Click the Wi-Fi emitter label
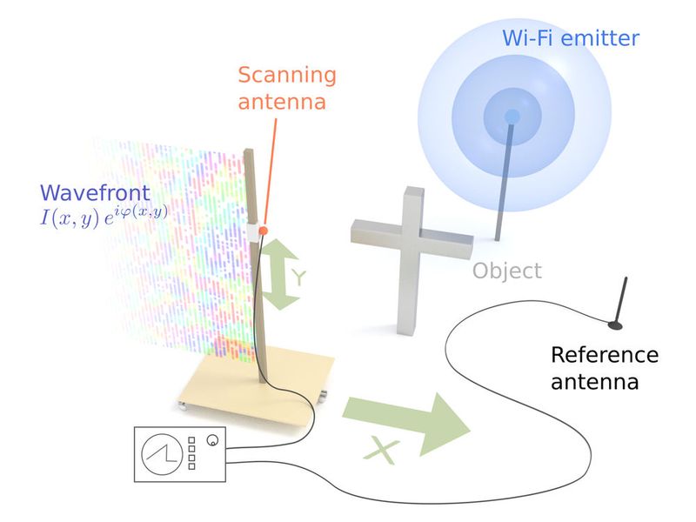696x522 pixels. pyautogui.click(x=570, y=38)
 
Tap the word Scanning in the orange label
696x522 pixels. pyautogui.click(x=287, y=75)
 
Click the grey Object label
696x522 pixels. pyautogui.click(x=506, y=271)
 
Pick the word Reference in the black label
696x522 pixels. pyautogui.click(x=605, y=355)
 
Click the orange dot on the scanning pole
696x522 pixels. pyautogui.click(x=262, y=230)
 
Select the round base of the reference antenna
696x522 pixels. pyautogui.click(x=614, y=327)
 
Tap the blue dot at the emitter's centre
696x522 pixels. pyautogui.click(x=512, y=117)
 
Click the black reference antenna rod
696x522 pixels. pyautogui.click(x=622, y=300)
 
